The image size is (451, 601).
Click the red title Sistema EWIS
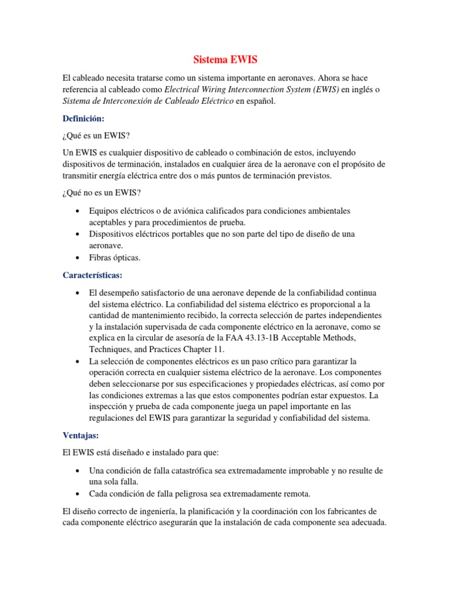(225, 60)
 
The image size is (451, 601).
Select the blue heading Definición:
(83, 118)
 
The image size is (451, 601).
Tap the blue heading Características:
(92, 275)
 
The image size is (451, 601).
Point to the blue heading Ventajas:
(80, 435)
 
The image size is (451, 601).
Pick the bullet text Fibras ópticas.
(115, 257)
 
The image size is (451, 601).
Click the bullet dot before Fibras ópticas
(78, 258)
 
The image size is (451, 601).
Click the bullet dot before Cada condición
(78, 492)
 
